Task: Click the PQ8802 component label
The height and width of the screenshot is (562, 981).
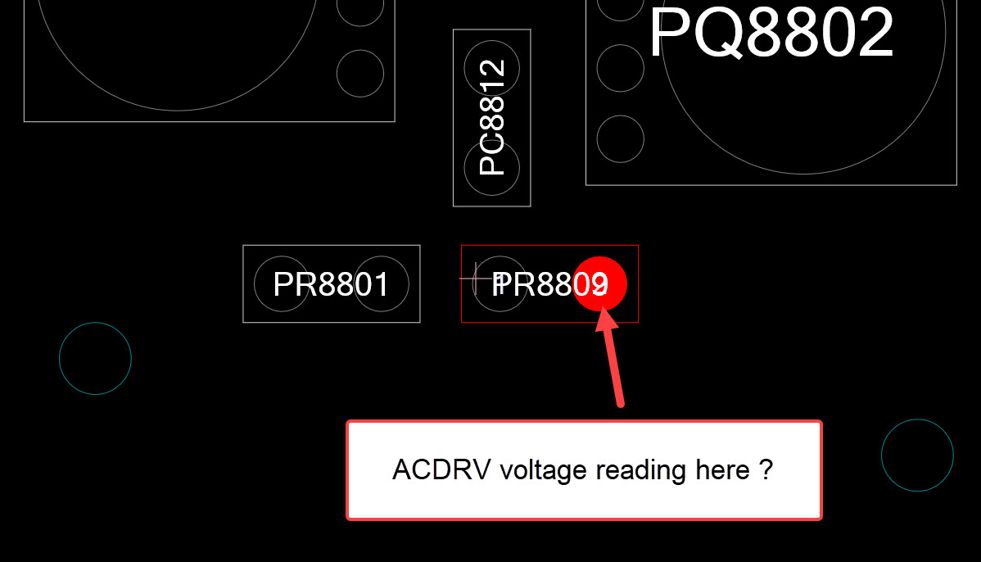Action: (771, 33)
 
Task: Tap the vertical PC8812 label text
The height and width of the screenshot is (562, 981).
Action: (492, 117)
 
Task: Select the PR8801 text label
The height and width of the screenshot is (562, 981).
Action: (331, 284)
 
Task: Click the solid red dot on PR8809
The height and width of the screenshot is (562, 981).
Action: (600, 283)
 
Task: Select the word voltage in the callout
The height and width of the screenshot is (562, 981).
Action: (543, 470)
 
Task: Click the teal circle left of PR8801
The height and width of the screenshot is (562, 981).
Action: (95, 358)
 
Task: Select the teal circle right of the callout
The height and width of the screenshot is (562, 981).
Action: (917, 455)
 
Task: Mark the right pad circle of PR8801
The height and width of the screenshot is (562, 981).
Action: (382, 284)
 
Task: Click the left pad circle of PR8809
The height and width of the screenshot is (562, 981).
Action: (500, 284)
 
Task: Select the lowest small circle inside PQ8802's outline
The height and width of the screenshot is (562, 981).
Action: (620, 138)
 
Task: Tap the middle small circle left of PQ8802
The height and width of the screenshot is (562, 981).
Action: (620, 68)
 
